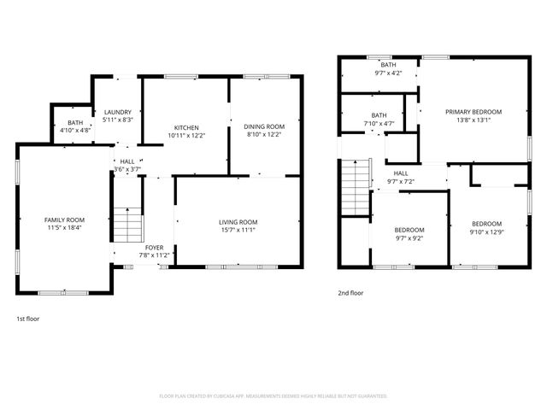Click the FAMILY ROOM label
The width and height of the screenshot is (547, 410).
pyautogui.click(x=65, y=220)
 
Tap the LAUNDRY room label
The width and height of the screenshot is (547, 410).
pyautogui.click(x=117, y=113)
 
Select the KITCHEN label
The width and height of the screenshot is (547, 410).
pyautogui.click(x=186, y=127)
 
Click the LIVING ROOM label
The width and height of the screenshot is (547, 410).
pyautogui.click(x=238, y=222)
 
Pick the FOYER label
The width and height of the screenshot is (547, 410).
pyautogui.click(x=154, y=248)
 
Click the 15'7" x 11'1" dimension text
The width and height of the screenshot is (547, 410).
pyautogui.click(x=238, y=230)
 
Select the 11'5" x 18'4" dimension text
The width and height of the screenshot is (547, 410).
pyautogui.click(x=65, y=227)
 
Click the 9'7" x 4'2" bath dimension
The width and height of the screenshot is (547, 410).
pyautogui.click(x=388, y=73)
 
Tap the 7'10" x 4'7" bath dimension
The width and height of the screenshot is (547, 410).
pyautogui.click(x=379, y=124)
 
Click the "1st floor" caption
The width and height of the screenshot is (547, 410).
pyautogui.click(x=28, y=319)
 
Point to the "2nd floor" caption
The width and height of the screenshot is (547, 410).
pyautogui.click(x=350, y=293)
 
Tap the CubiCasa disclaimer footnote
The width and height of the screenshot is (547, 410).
pyautogui.click(x=273, y=395)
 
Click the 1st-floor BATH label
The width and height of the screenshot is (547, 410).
pyautogui.click(x=75, y=123)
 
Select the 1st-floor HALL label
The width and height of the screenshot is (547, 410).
pyautogui.click(x=126, y=161)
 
